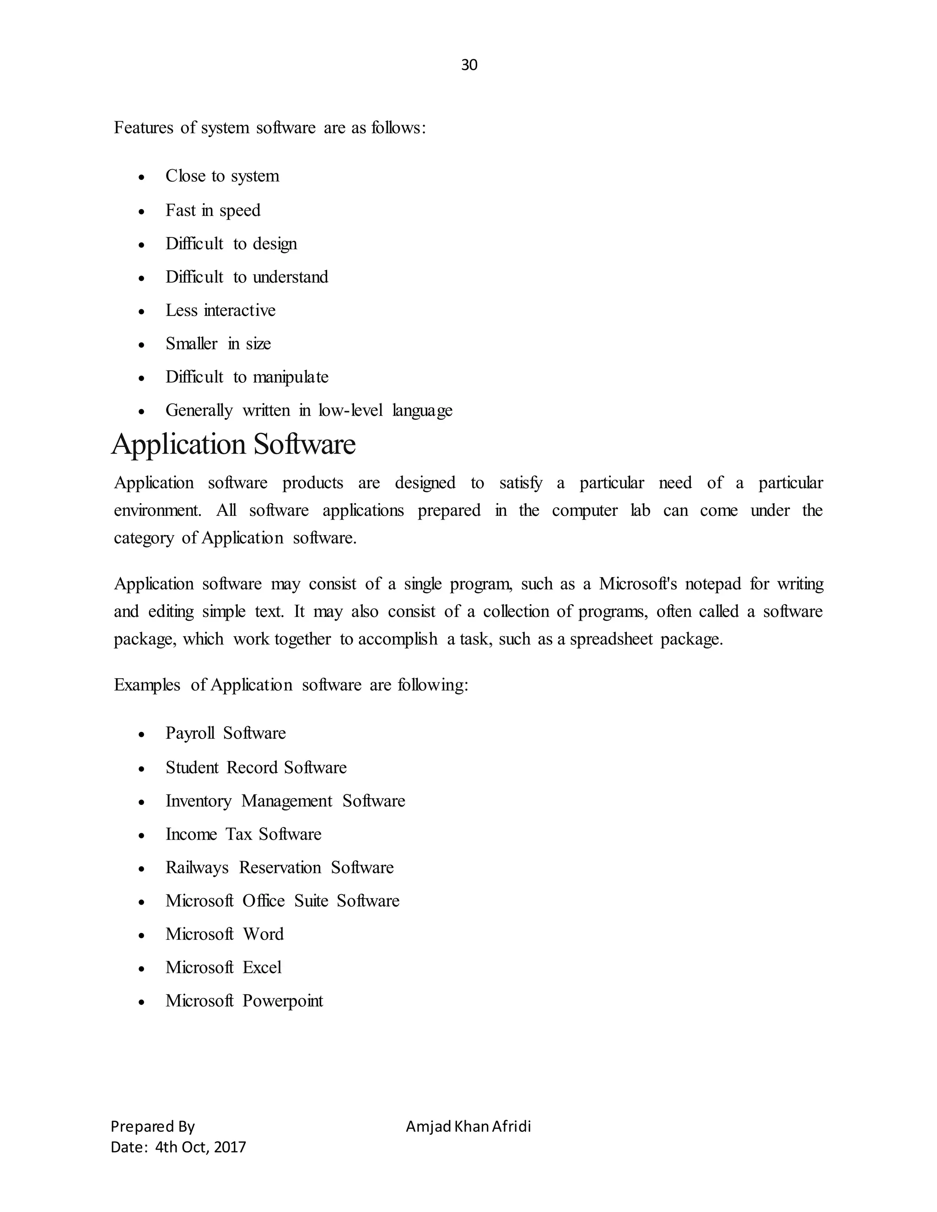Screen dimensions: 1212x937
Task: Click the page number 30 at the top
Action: [x=468, y=65]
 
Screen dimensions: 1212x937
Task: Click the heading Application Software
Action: [x=233, y=445]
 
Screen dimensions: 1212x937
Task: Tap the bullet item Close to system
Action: [x=222, y=176]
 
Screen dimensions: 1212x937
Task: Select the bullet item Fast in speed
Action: [x=213, y=210]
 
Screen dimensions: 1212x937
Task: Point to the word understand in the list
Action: [x=291, y=277]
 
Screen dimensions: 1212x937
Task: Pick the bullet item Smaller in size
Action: [x=218, y=343]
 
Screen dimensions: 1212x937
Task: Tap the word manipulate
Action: [x=291, y=377]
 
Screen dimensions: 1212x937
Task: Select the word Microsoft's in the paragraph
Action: [x=638, y=584]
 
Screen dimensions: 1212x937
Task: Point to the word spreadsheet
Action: [x=611, y=639]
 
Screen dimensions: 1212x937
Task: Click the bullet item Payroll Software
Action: [x=226, y=733]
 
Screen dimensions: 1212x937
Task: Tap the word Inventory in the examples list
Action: [x=198, y=801]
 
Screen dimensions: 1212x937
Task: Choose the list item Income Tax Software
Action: [x=243, y=835]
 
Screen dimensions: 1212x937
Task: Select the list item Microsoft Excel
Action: [x=223, y=968]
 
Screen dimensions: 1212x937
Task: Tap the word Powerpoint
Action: [x=283, y=1001]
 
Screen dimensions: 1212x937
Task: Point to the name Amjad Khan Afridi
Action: [x=468, y=1126]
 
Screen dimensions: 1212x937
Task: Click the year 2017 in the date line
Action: [x=229, y=1147]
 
